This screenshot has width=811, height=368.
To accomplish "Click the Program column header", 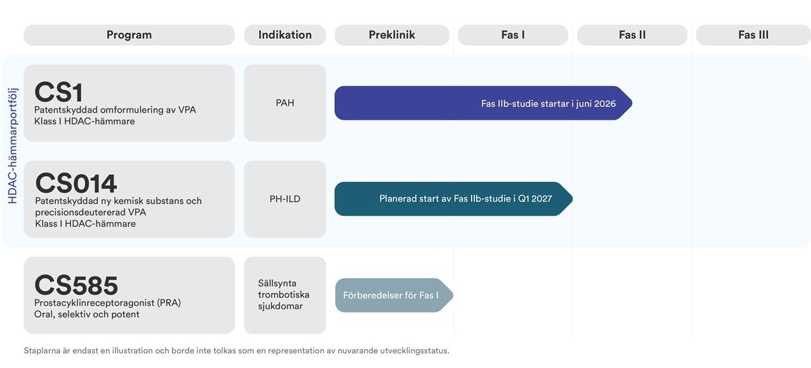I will pyautogui.click(x=129, y=35).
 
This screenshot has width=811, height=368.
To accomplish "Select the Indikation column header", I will pyautogui.click(x=285, y=35).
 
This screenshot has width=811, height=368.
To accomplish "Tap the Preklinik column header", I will pyautogui.click(x=391, y=35).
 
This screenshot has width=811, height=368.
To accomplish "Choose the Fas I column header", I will pyautogui.click(x=513, y=35).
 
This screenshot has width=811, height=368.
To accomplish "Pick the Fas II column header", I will pyautogui.click(x=632, y=35).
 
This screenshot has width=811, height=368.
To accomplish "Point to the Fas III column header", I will pyautogui.click(x=753, y=35).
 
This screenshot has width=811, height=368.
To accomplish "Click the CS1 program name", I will pyautogui.click(x=59, y=93).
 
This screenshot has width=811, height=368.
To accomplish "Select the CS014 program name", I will pyautogui.click(x=76, y=183).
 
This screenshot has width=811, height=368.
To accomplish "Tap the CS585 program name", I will pyautogui.click(x=76, y=286).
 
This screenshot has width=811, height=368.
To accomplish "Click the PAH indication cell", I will pyautogui.click(x=285, y=103).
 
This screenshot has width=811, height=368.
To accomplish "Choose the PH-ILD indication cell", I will pyautogui.click(x=285, y=199).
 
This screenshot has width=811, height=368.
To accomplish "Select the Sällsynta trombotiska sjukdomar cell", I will pyautogui.click(x=284, y=295).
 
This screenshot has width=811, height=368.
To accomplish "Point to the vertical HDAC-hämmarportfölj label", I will pyautogui.click(x=13, y=146).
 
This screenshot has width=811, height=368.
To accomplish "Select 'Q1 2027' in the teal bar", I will pyautogui.click(x=535, y=199).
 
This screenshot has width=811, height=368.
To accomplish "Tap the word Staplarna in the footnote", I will pyautogui.click(x=42, y=351).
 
